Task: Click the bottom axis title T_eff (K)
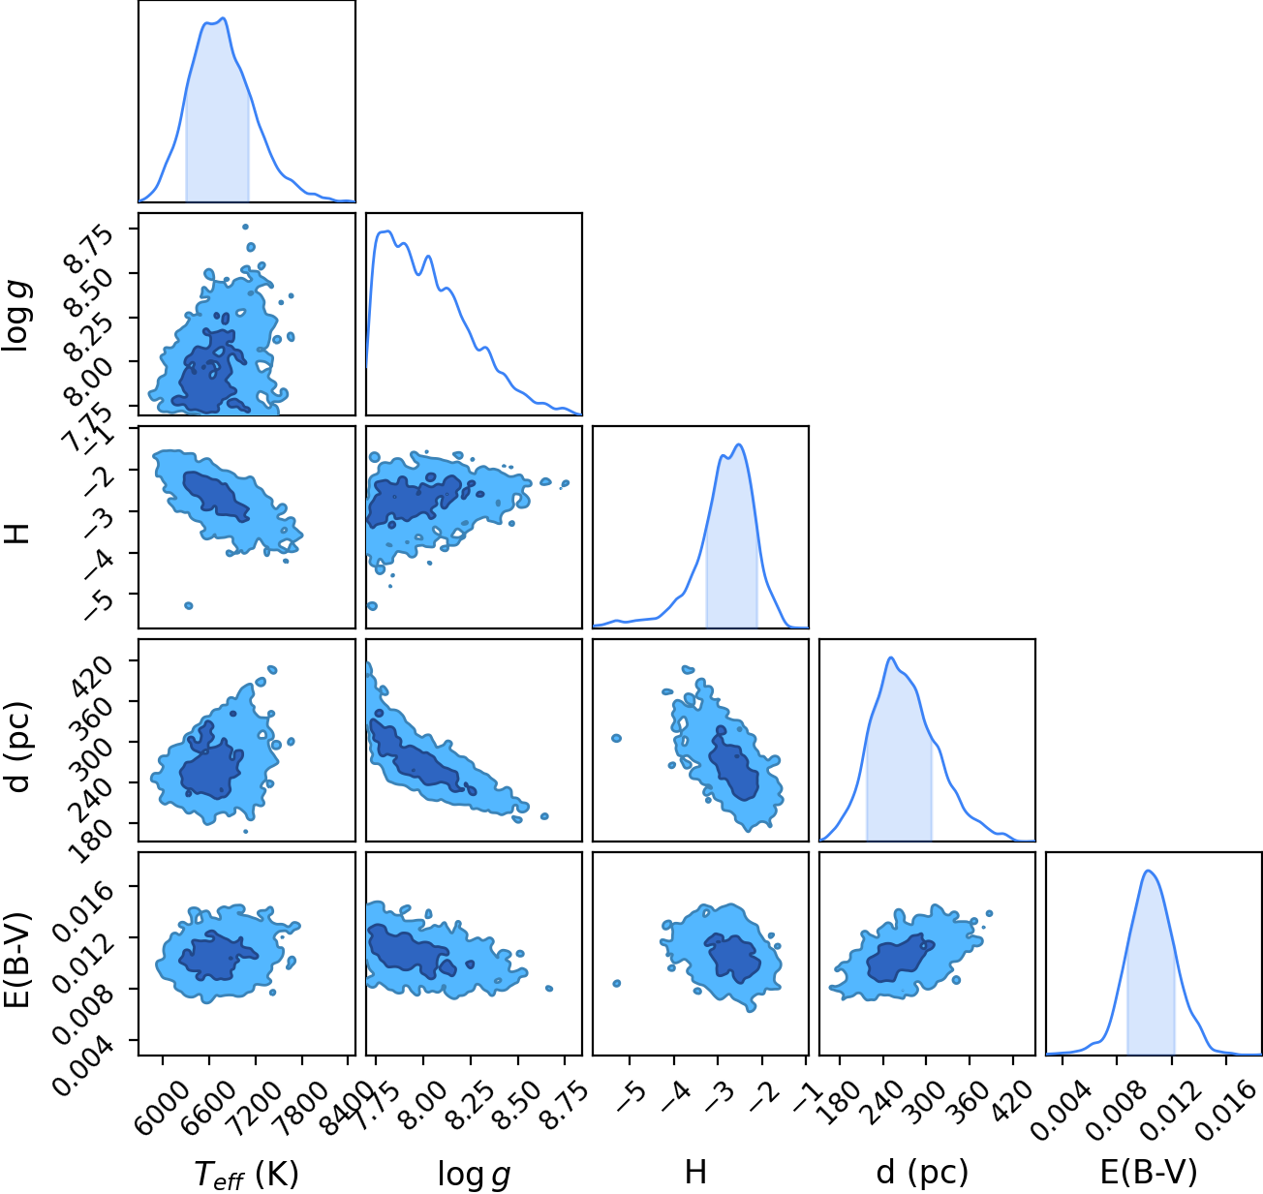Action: tap(246, 1174)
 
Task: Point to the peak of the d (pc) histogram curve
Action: tap(891, 658)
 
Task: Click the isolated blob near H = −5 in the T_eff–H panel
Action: tap(188, 605)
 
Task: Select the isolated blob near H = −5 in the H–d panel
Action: tap(616, 738)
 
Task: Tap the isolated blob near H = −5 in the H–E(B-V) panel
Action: tap(617, 983)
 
